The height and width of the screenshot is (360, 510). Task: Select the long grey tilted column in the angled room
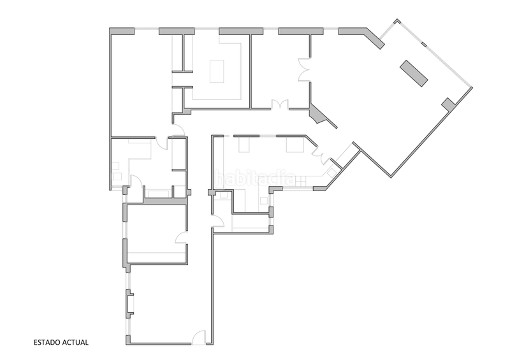point(414,73)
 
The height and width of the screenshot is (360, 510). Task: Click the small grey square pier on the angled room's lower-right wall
point(449,104)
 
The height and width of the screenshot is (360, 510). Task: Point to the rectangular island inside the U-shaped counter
point(217,71)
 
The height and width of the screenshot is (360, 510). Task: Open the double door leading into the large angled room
point(305,69)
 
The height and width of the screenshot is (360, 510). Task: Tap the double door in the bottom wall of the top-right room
point(280,104)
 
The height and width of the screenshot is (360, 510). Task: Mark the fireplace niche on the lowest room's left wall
point(130,304)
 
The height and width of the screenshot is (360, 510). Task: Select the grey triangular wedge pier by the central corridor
point(317,114)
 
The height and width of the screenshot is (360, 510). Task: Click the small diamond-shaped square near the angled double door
point(331,173)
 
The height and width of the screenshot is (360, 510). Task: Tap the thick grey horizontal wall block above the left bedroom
point(166,201)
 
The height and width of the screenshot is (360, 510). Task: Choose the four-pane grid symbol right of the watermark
point(301,181)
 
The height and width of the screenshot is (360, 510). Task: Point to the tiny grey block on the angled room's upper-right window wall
point(424,44)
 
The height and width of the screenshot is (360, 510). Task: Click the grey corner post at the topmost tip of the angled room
point(397,22)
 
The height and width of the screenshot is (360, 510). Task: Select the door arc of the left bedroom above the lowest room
point(181,238)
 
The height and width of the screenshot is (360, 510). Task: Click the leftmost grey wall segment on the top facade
point(122,31)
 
